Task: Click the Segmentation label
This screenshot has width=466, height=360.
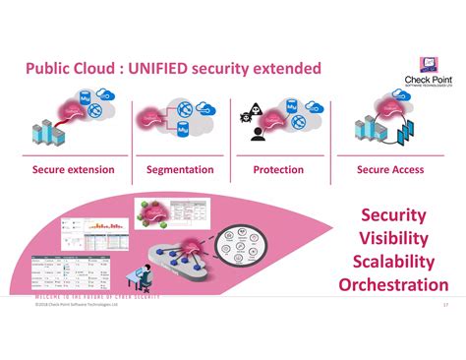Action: click(x=180, y=169)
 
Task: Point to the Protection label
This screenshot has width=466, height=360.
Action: click(x=278, y=169)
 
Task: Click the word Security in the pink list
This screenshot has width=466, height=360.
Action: click(x=393, y=214)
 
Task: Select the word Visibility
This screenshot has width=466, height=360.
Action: click(x=393, y=238)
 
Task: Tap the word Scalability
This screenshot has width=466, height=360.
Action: click(x=393, y=262)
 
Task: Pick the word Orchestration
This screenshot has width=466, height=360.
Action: click(x=393, y=285)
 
